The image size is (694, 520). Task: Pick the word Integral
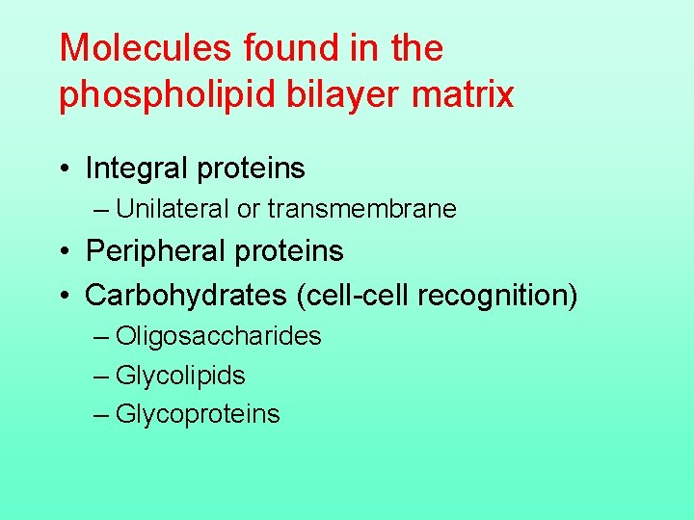[x=136, y=169]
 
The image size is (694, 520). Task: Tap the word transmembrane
[x=362, y=209]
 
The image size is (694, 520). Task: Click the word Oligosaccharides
[x=218, y=336]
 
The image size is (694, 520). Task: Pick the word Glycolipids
[x=180, y=376]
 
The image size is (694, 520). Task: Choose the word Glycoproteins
[x=198, y=414]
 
